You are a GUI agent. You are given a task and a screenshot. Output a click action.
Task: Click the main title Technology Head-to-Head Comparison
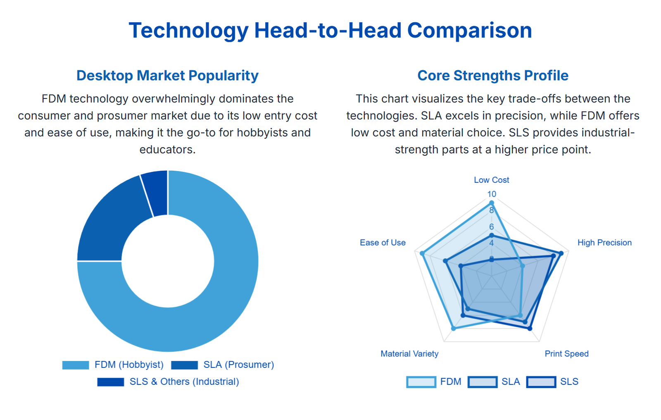click(330, 31)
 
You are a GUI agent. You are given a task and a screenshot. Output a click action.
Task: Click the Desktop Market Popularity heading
click(167, 76)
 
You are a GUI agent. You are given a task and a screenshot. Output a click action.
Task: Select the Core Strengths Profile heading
click(493, 76)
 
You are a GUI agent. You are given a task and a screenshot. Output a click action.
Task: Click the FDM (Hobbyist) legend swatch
click(76, 365)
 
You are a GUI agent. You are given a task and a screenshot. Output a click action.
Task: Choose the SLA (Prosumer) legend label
click(238, 365)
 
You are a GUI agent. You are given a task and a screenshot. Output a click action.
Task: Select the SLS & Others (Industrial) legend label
click(184, 382)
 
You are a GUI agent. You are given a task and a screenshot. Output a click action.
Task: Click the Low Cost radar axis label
click(491, 180)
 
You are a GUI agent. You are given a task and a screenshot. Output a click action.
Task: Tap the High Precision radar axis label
click(604, 243)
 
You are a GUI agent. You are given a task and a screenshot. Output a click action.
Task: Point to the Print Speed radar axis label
click(566, 354)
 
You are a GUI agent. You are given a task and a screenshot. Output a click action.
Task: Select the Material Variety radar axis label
click(409, 354)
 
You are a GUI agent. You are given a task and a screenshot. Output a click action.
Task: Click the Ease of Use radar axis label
click(383, 243)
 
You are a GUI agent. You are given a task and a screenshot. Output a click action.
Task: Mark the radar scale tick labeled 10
click(491, 194)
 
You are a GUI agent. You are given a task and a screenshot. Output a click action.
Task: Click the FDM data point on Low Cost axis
click(491, 203)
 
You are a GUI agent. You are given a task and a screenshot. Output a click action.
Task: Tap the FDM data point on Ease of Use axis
click(422, 253)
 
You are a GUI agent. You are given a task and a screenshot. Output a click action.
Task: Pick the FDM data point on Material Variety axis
click(454, 329)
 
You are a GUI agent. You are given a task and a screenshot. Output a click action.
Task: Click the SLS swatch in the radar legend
click(541, 382)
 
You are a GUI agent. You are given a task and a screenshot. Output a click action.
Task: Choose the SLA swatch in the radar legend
click(482, 382)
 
